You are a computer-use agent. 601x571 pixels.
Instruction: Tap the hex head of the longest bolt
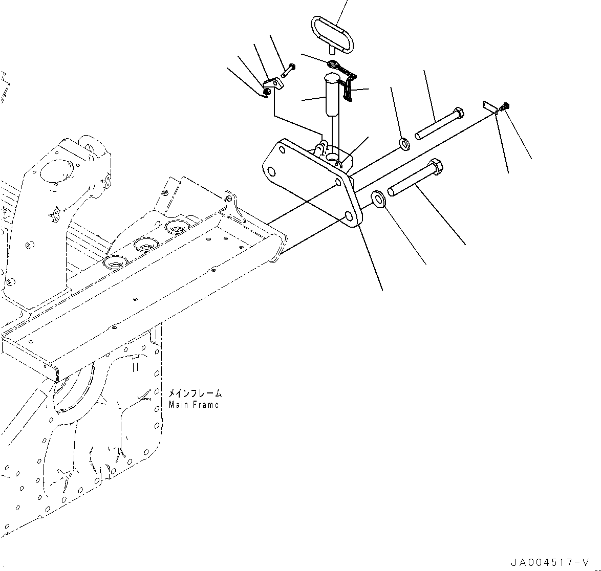(435, 167)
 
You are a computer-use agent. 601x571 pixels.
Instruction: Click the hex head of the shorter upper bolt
(458, 114)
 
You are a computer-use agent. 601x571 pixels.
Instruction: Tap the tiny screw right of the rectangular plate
(505, 106)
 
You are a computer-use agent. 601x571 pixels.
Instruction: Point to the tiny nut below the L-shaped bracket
(266, 92)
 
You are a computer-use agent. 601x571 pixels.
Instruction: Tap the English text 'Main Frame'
(194, 405)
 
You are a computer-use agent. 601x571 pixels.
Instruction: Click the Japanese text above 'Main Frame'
(195, 393)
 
